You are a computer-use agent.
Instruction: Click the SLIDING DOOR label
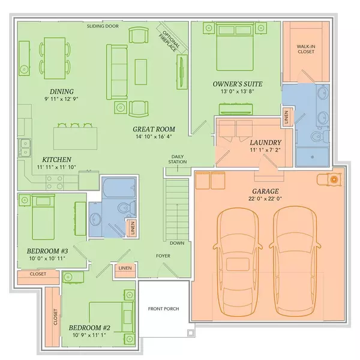(x=103, y=26)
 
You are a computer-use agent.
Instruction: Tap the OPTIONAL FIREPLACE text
(x=169, y=41)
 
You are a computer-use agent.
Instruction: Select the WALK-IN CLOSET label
(x=306, y=49)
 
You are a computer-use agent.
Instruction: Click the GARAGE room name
(x=265, y=191)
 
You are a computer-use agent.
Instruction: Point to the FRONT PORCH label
(x=163, y=309)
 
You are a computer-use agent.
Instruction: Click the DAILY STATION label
(x=178, y=159)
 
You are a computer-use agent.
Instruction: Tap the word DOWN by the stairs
(x=177, y=243)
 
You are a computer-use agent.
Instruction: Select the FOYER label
(x=163, y=256)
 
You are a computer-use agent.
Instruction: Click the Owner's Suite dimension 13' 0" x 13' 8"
(x=238, y=91)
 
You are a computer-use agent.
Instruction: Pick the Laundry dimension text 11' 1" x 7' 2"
(x=265, y=150)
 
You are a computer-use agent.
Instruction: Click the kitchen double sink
(x=25, y=148)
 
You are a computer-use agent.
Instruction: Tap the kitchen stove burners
(x=55, y=182)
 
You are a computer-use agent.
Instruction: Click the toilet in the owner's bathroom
(x=320, y=136)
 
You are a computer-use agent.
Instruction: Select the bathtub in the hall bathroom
(x=119, y=187)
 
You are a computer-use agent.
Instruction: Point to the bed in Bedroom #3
(x=43, y=217)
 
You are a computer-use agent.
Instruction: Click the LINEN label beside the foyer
(x=125, y=268)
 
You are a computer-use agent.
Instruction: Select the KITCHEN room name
(x=57, y=160)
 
